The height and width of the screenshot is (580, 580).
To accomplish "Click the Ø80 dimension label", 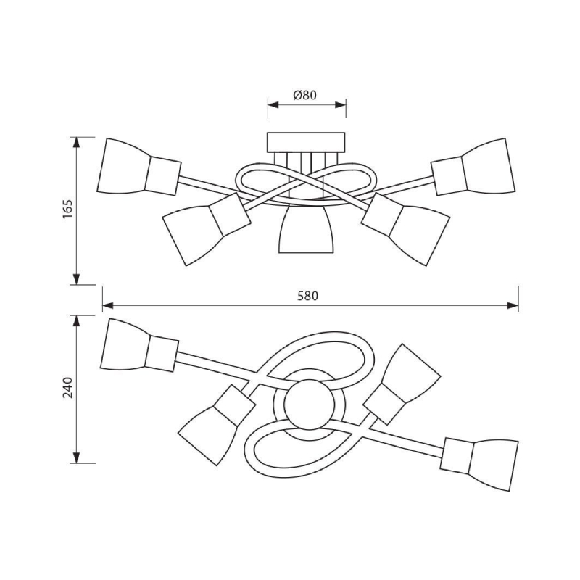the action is click(x=305, y=95).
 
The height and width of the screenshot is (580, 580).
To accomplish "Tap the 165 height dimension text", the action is click(x=67, y=209).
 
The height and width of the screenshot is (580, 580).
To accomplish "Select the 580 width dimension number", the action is click(x=307, y=296).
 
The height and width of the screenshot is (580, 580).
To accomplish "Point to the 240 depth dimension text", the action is click(x=67, y=387).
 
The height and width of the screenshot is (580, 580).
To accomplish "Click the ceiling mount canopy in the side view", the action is click(x=306, y=142).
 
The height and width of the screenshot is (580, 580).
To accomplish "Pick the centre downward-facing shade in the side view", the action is click(x=306, y=229).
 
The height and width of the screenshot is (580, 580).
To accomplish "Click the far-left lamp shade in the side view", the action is click(x=123, y=166).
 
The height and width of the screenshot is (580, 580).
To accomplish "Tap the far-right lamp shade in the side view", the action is click(x=488, y=166).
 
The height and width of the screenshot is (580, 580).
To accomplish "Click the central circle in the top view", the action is click(x=310, y=405).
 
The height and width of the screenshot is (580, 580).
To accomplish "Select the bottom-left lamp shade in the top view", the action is click(x=208, y=435).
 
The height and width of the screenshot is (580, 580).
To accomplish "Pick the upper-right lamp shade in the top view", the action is click(x=411, y=369).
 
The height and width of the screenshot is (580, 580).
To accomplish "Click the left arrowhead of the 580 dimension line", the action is click(x=107, y=305).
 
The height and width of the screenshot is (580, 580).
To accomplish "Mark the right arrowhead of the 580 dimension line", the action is click(x=513, y=305).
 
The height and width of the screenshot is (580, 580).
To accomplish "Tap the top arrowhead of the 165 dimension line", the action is click(x=76, y=143).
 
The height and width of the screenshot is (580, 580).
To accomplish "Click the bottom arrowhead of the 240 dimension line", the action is click(x=76, y=457).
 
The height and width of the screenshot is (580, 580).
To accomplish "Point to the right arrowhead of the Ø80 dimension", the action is click(x=340, y=104).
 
